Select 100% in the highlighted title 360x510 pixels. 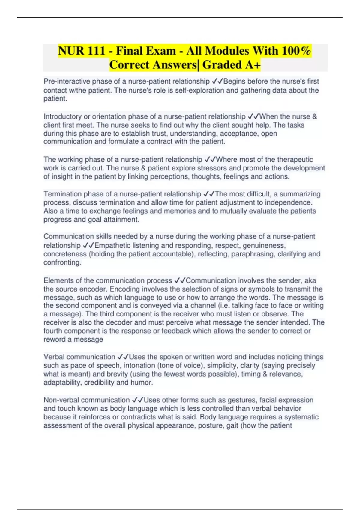point(296,51)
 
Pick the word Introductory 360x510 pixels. point(62,116)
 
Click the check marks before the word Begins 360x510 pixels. point(217,81)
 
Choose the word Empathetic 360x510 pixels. point(112,246)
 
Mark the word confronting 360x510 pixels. point(62,263)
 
